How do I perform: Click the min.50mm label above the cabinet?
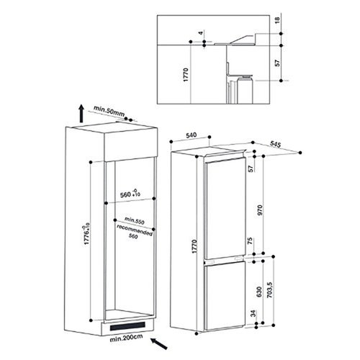(109, 112)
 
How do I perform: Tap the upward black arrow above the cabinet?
(81, 113)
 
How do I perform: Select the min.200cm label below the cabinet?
(126, 338)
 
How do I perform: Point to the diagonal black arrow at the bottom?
(159, 343)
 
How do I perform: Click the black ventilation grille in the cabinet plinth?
(127, 326)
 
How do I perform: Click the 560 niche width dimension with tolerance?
(130, 194)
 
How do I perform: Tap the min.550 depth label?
(135, 220)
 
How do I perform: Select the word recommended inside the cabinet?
(135, 230)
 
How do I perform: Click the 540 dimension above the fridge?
(192, 135)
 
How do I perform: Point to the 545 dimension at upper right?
(276, 144)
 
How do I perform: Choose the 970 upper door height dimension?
(260, 210)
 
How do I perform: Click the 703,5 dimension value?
(270, 290)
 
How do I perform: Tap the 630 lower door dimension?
(259, 292)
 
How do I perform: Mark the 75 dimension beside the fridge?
(250, 240)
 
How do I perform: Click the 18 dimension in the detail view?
(277, 20)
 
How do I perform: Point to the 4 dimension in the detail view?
(201, 32)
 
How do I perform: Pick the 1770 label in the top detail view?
(186, 75)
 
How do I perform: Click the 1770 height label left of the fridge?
(194, 246)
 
